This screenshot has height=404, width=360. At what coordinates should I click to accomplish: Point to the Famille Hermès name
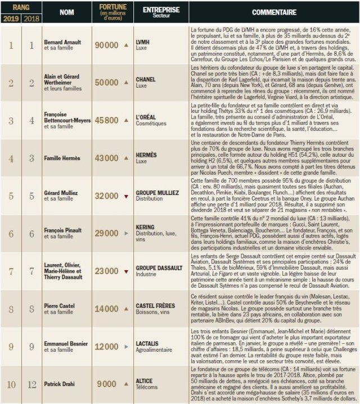(x=62, y=159)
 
